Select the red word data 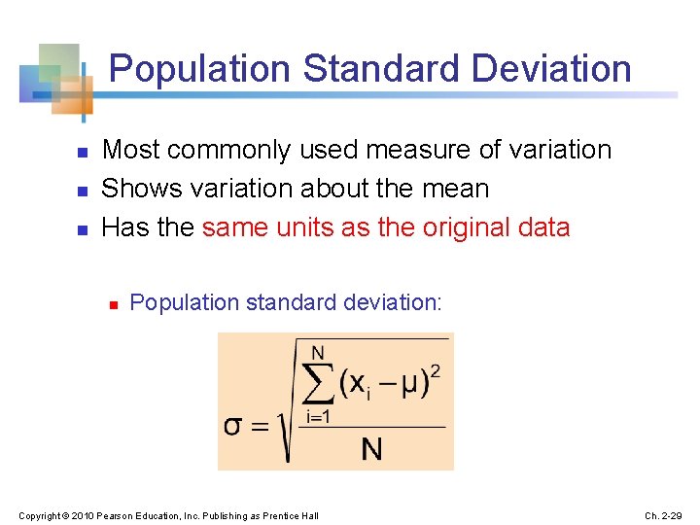(x=545, y=227)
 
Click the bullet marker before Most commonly (x=83, y=153)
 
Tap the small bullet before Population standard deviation (x=113, y=305)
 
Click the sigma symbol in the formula (x=235, y=426)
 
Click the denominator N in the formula (x=371, y=448)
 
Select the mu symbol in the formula (x=411, y=383)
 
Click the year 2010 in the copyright (x=85, y=515)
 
